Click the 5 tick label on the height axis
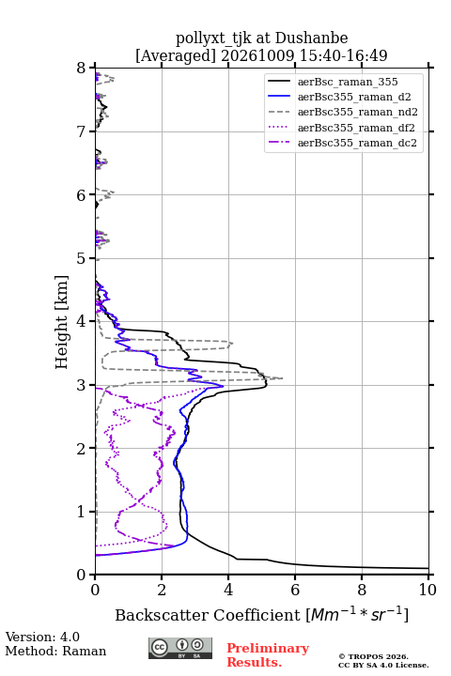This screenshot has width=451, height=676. click(82, 258)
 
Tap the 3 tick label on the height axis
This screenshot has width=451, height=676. click(82, 385)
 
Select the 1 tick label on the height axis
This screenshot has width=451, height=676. click(82, 512)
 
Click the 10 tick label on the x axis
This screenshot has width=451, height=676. click(428, 590)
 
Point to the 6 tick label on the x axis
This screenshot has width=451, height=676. click(295, 590)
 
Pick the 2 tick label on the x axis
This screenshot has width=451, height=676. click(162, 590)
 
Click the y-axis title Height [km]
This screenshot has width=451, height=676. click(62, 322)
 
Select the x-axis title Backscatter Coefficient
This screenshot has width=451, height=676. click(207, 615)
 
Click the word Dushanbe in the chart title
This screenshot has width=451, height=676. click(311, 38)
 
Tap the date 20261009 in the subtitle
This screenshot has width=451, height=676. click(257, 55)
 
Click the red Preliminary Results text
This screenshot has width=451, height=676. click(268, 655)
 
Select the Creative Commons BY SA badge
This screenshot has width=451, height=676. click(180, 649)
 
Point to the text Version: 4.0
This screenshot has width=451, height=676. click(42, 638)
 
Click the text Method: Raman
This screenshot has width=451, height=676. click(55, 651)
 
